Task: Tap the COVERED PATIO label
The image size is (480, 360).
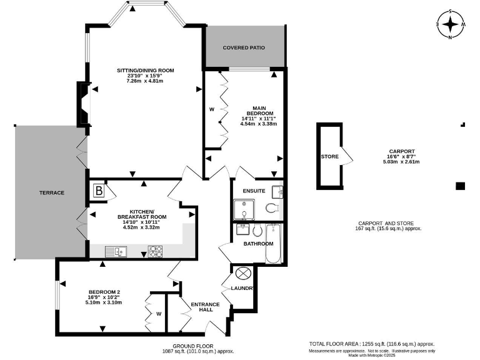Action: (244, 47)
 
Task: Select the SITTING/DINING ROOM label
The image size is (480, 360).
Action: (145, 70)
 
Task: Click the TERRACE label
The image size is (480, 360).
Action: (52, 192)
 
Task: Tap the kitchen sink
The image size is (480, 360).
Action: (114, 251)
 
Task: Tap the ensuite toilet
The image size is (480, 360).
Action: (272, 209)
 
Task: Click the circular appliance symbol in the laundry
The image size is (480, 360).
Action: (242, 273)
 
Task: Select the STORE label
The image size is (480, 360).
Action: (329, 156)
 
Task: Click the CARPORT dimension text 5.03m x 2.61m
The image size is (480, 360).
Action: (401, 162)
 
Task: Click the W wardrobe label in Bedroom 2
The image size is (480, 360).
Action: (159, 314)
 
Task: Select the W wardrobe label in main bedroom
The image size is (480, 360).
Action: (211, 109)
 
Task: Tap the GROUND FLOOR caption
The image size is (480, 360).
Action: (193, 346)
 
